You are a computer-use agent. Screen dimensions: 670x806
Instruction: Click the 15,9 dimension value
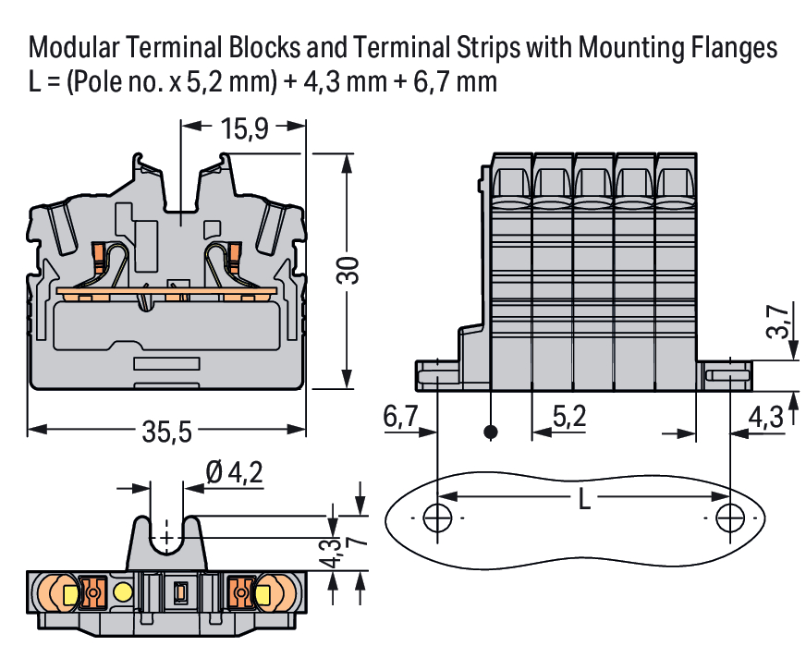tap(244, 128)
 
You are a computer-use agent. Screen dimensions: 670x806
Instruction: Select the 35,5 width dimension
tap(167, 430)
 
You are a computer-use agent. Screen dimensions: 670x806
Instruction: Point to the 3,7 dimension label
tap(779, 321)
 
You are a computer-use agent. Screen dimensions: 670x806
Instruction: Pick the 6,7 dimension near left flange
tap(400, 417)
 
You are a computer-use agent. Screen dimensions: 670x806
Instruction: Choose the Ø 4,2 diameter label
tap(235, 473)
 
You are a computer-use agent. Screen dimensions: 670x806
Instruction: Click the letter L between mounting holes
tap(583, 500)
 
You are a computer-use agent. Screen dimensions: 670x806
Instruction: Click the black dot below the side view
tap(492, 432)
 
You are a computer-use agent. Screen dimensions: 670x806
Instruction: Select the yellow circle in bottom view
tap(123, 591)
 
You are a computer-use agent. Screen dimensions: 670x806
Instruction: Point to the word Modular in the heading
tap(73, 47)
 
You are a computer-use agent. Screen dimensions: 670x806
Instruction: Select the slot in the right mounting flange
tap(727, 376)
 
